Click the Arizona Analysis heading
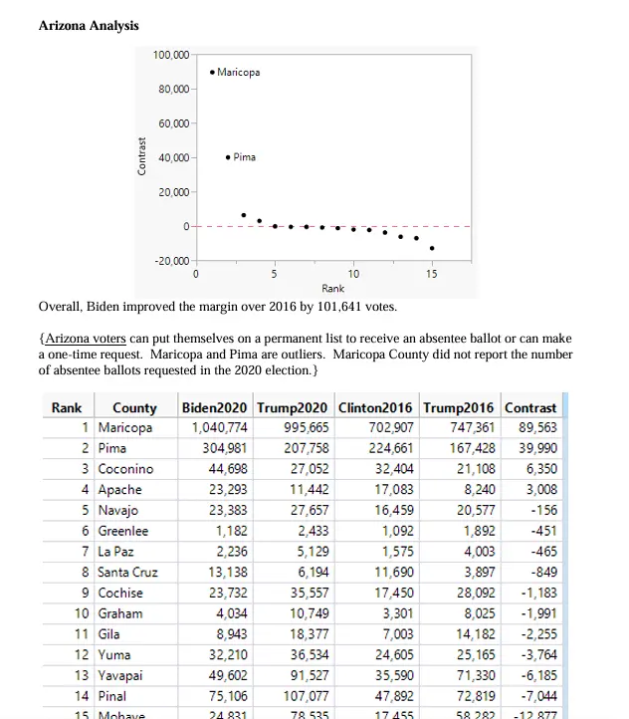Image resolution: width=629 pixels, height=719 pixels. pos(89,25)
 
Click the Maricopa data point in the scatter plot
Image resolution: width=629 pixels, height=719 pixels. pos(213,72)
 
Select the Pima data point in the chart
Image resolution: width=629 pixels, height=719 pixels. pos(229,157)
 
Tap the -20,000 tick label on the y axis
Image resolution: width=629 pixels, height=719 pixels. pos(170,261)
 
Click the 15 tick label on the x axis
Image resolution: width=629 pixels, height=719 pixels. pos(432,273)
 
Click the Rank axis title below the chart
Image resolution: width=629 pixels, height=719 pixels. pos(333,287)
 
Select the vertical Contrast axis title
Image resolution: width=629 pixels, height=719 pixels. pos(142,158)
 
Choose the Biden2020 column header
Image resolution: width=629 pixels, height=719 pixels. pos(215,407)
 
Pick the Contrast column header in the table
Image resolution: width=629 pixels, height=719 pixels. pos(530,407)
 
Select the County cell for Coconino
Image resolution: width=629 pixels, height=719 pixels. pos(126,469)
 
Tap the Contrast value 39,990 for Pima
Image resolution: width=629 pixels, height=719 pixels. pos(537,448)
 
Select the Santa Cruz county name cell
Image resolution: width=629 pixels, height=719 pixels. pos(128,573)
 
